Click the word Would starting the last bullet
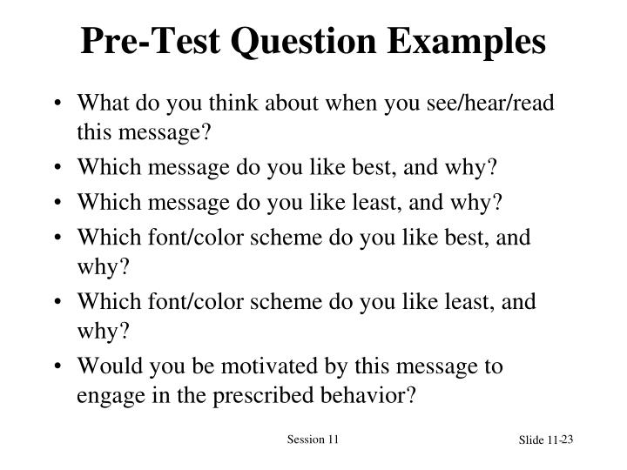pyautogui.click(x=105, y=366)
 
